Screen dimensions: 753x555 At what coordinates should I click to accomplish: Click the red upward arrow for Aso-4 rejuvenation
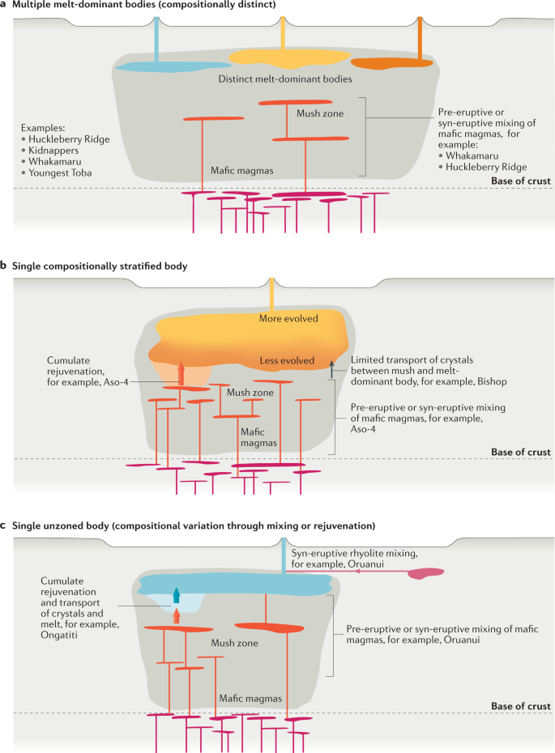pos(181,374)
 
